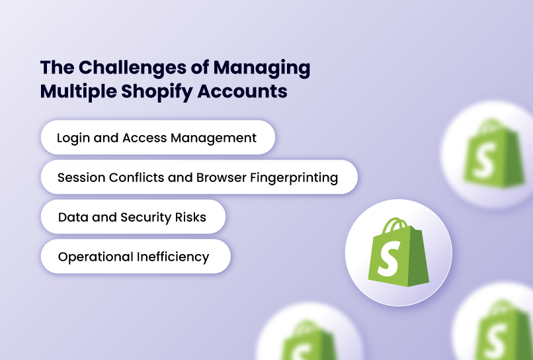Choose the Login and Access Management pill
(x=157, y=138)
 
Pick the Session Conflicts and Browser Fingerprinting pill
(x=198, y=177)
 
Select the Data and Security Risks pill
(x=132, y=217)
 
